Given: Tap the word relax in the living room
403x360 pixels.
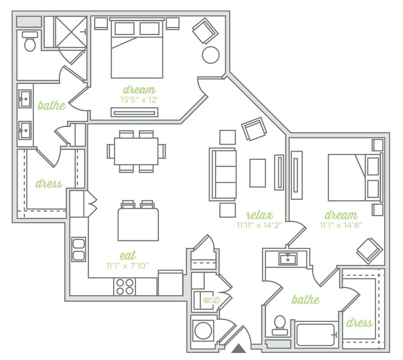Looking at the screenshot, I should click(259, 215).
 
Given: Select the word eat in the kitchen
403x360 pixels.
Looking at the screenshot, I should click(128, 255).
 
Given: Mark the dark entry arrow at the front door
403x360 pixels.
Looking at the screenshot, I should click(239, 348).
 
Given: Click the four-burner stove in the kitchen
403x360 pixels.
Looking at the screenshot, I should click(125, 286).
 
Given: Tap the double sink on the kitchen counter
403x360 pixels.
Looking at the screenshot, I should click(79, 250).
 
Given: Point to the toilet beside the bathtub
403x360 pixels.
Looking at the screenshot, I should click(280, 325).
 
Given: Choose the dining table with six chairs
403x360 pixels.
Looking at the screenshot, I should click(136, 151).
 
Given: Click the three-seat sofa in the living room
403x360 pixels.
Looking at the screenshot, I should click(223, 174).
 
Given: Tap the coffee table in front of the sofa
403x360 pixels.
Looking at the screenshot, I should click(257, 173).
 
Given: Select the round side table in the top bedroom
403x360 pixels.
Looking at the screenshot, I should click(210, 55).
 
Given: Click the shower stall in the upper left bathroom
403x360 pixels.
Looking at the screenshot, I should click(71, 32).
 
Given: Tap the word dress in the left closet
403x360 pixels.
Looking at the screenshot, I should click(49, 184).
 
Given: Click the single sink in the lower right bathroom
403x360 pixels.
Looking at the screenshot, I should click(288, 258).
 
